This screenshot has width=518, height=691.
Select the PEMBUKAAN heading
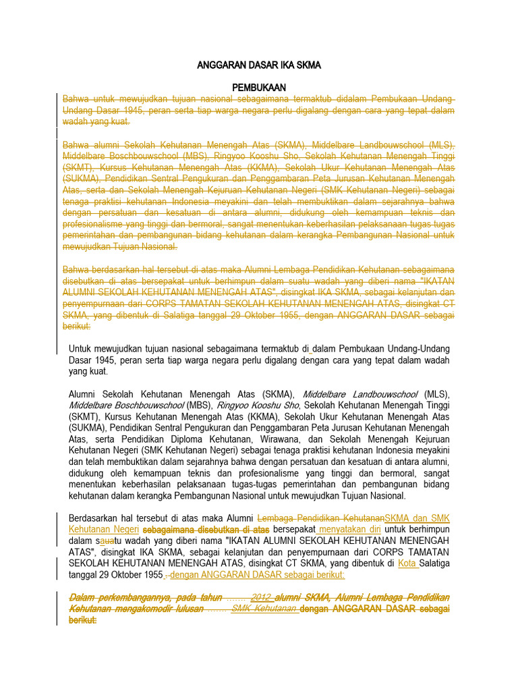tap(259, 88)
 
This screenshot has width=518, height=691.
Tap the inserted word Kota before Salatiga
tap(408, 562)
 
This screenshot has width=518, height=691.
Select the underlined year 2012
tap(262, 597)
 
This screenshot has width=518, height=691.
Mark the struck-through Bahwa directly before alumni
tap(76, 145)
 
